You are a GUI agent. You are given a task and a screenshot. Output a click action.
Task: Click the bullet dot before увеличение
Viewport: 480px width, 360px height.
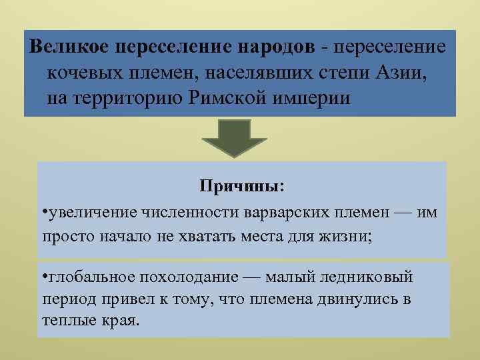(x=43, y=212)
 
